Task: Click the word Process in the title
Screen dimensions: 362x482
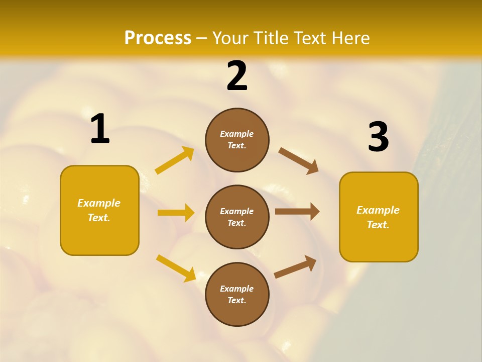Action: [x=158, y=38]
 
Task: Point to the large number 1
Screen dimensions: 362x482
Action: [x=100, y=129]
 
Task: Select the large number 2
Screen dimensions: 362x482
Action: [x=237, y=76]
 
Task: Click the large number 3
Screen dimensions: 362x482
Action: [x=378, y=137]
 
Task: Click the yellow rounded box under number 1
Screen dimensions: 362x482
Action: [x=99, y=210]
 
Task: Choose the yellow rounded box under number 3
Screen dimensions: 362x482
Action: [x=379, y=217]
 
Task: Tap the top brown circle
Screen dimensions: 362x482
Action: [x=237, y=140]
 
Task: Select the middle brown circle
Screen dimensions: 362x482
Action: [x=237, y=217]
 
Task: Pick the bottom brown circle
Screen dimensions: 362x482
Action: [x=237, y=294]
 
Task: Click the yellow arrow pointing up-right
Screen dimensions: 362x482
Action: [x=175, y=160]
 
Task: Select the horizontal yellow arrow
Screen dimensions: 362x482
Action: [x=176, y=213]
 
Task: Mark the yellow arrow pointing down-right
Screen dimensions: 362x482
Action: [x=176, y=268]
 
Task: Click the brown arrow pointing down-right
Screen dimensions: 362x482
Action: [x=298, y=161]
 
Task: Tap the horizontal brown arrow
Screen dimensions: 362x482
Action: [x=297, y=212]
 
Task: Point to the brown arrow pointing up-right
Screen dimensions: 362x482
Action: [x=295, y=267]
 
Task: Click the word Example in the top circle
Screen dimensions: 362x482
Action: [x=237, y=134]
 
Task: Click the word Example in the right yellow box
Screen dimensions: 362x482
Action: [x=378, y=210]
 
